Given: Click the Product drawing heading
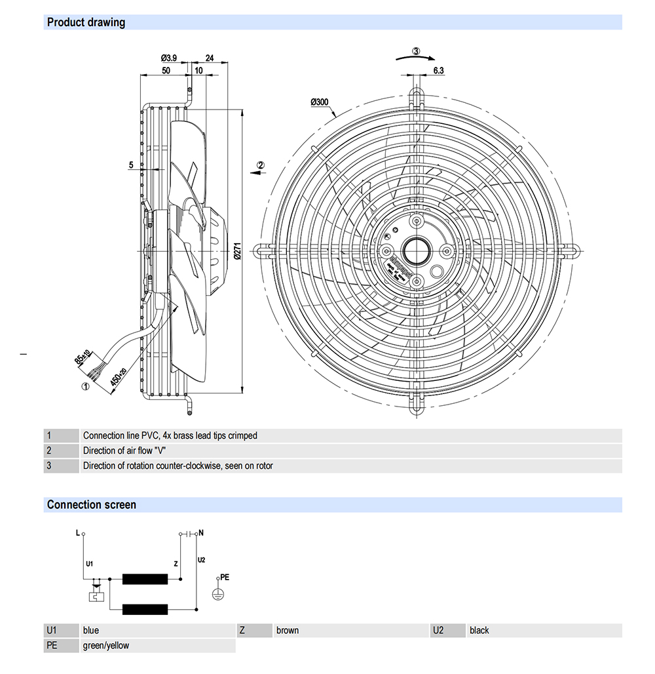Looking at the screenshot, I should (x=86, y=22).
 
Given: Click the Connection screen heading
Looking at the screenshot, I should (x=92, y=505).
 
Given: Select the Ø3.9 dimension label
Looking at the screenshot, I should (x=169, y=58).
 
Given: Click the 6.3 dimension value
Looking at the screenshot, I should (x=438, y=71).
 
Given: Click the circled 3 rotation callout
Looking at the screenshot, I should (x=416, y=51).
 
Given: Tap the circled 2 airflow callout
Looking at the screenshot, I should (x=260, y=165).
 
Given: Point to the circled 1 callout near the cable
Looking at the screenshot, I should (x=84, y=386).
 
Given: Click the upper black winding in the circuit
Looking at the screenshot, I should (x=145, y=579).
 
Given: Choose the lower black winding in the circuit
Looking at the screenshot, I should (x=145, y=609).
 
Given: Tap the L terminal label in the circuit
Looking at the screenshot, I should (x=77, y=534).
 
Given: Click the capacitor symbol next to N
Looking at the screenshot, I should (x=189, y=534).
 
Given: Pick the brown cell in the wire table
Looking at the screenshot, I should (x=288, y=631).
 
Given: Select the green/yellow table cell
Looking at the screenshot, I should (x=106, y=646).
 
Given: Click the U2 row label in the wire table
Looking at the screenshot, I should (x=439, y=631).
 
